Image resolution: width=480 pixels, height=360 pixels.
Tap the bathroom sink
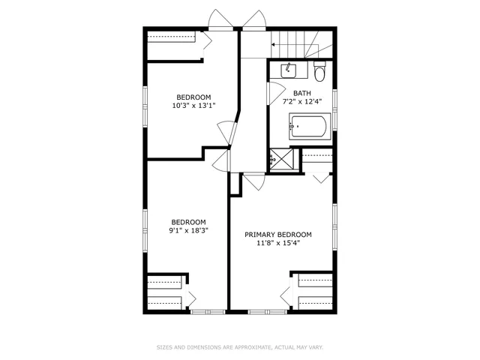click(x=288, y=71)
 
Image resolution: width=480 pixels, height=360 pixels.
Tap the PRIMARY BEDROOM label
click(x=278, y=234)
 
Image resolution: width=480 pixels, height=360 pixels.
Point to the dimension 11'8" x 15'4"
click(x=278, y=242)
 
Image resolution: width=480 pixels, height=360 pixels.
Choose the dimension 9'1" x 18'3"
click(x=188, y=230)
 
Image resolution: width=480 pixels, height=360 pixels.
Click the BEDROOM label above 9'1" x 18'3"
click(x=188, y=222)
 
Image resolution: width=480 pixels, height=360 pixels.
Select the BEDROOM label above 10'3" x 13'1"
click(x=193, y=97)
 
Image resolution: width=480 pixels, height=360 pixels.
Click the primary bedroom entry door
click(x=253, y=181)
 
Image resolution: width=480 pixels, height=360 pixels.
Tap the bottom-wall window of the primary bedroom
click(x=262, y=311)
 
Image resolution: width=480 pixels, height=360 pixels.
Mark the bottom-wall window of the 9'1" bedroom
click(x=202, y=311)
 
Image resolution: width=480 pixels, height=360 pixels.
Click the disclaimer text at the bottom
click(x=239, y=347)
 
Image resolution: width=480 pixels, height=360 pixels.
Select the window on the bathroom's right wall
click(x=335, y=101)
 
